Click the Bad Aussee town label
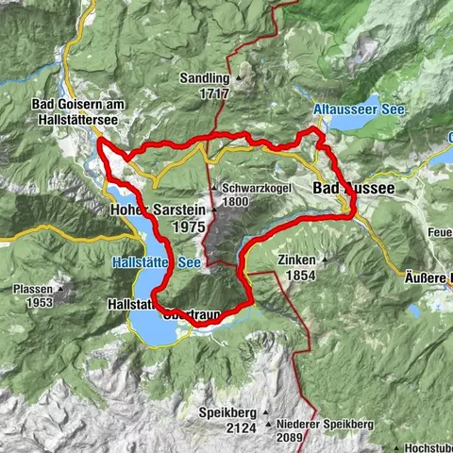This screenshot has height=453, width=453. (353, 190)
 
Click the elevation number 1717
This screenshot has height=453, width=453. (215, 94)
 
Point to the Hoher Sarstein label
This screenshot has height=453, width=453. (157, 210)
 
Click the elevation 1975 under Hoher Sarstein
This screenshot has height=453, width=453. (190, 226)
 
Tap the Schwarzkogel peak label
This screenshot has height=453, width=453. (250, 188)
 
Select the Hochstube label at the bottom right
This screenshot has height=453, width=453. (428, 447)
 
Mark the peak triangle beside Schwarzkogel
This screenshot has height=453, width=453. (216, 187)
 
